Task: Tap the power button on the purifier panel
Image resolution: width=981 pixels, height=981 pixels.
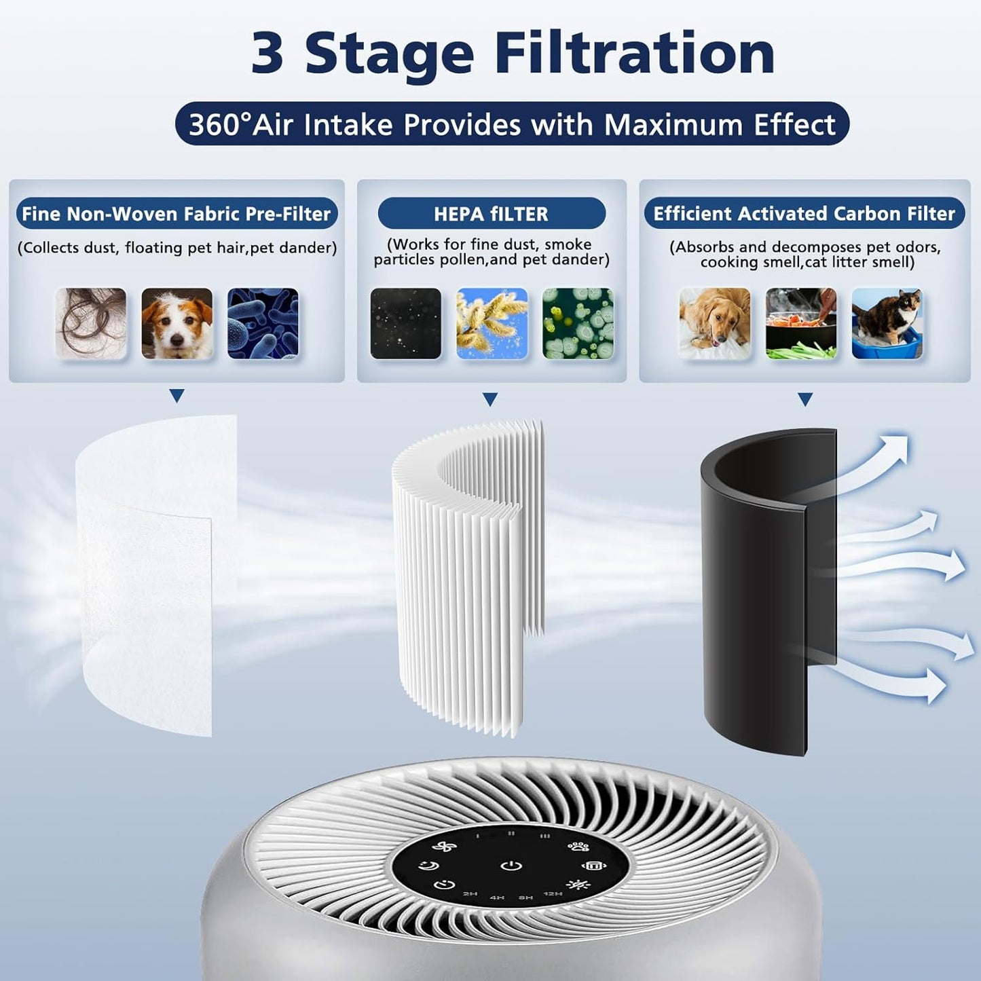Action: (x=511, y=866)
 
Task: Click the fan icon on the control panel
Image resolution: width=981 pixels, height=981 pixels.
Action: (x=445, y=848)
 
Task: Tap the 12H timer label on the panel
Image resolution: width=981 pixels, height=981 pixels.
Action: (x=553, y=894)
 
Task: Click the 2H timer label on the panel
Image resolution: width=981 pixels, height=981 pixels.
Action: (x=470, y=894)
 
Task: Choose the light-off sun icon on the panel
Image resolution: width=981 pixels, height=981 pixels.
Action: (x=578, y=885)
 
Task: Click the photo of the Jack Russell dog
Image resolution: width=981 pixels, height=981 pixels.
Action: (x=177, y=323)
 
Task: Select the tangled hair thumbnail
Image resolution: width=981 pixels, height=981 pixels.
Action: (x=91, y=323)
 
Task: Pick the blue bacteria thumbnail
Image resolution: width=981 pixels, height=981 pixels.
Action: (x=263, y=323)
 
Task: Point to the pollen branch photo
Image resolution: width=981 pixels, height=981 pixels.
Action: (x=492, y=323)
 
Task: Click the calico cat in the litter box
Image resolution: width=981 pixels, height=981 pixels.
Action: (x=887, y=323)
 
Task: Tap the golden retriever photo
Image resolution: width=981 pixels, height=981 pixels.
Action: (x=714, y=323)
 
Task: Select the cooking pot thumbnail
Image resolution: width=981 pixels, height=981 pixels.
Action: (x=800, y=323)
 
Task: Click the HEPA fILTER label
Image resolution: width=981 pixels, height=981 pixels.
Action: (x=491, y=214)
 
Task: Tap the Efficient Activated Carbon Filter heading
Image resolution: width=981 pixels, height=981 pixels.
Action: (x=804, y=214)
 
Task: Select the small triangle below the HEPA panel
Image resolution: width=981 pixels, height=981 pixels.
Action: (x=490, y=400)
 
